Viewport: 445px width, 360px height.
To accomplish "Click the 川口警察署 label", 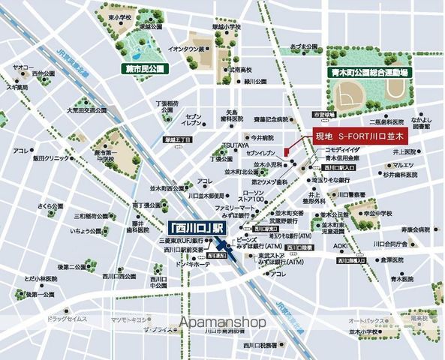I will (352, 194).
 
